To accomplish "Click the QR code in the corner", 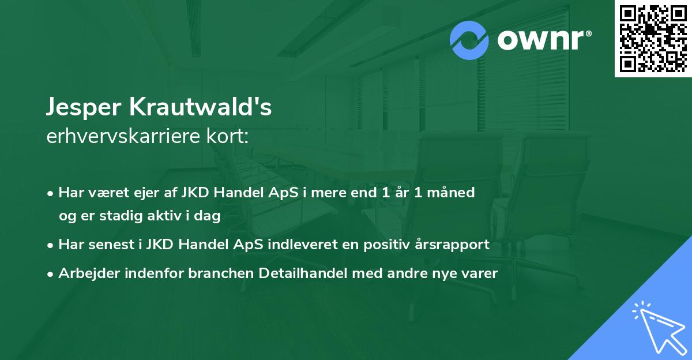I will (x=653, y=39).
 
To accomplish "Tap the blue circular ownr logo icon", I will (x=469, y=40).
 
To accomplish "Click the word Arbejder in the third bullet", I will (x=85, y=273).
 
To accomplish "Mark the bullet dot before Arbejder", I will (x=51, y=274).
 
